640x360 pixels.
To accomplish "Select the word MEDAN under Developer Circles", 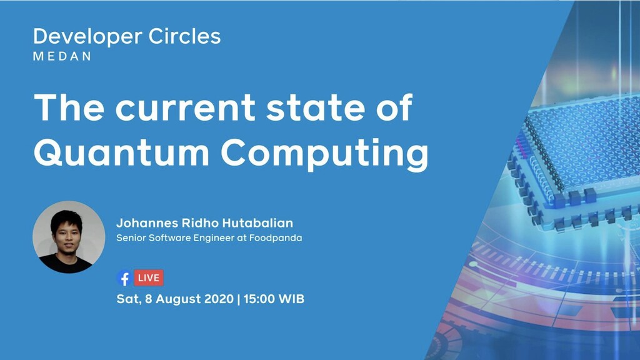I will [x=62, y=56].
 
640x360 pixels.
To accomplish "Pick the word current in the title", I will [x=185, y=107].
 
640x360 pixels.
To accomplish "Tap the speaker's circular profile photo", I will [x=68, y=237].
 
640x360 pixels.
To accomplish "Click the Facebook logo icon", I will [x=124, y=278].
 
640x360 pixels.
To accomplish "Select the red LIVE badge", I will [x=149, y=277].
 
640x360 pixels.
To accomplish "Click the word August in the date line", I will [x=177, y=299].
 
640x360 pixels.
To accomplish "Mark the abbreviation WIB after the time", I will [x=292, y=299].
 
